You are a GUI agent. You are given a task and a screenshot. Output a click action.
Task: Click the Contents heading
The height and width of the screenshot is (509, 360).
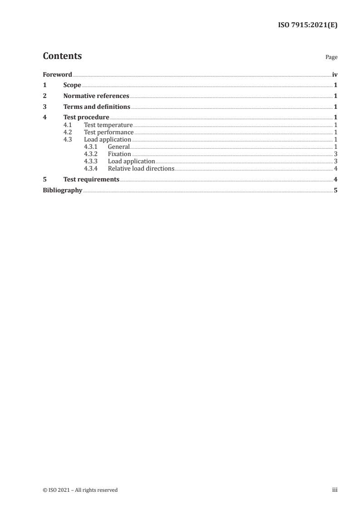coord(62,56)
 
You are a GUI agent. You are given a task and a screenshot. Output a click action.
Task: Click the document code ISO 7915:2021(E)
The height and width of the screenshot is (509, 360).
coord(307,25)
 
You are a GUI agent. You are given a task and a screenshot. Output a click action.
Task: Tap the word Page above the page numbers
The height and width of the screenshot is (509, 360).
coord(331,58)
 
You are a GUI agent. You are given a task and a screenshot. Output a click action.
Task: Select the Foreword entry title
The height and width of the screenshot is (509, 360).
coord(57,74)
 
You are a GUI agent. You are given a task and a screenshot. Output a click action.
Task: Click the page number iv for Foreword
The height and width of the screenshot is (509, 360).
coord(335,74)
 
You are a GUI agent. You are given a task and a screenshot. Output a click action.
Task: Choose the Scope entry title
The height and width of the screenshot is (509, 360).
coord(72,85)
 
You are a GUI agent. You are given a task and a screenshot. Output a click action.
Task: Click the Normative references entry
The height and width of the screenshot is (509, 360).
coord(96,96)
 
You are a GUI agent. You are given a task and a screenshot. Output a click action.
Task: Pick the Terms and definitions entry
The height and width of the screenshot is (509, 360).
coord(97,107)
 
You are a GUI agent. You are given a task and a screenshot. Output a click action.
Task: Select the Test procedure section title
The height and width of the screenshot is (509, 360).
coord(86,118)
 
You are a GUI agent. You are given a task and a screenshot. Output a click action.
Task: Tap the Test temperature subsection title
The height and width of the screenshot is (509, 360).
coord(108,125)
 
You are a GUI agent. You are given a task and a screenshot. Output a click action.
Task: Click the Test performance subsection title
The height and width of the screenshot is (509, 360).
coord(108,132)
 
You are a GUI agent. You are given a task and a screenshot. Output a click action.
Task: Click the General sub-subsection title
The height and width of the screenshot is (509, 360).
coord(118,147)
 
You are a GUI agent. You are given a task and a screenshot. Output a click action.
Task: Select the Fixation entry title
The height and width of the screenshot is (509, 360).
coord(119,154)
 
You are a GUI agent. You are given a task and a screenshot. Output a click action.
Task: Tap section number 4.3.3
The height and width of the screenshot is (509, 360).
coord(90,162)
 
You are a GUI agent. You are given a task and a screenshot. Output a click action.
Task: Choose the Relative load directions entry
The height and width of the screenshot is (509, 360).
coord(141,169)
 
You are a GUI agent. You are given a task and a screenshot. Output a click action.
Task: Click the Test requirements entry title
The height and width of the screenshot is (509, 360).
coord(91,180)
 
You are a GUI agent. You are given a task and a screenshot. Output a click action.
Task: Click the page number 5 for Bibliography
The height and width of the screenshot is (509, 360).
coord(335,191)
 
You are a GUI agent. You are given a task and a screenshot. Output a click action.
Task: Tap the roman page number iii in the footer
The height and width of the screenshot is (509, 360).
coord(335,490)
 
